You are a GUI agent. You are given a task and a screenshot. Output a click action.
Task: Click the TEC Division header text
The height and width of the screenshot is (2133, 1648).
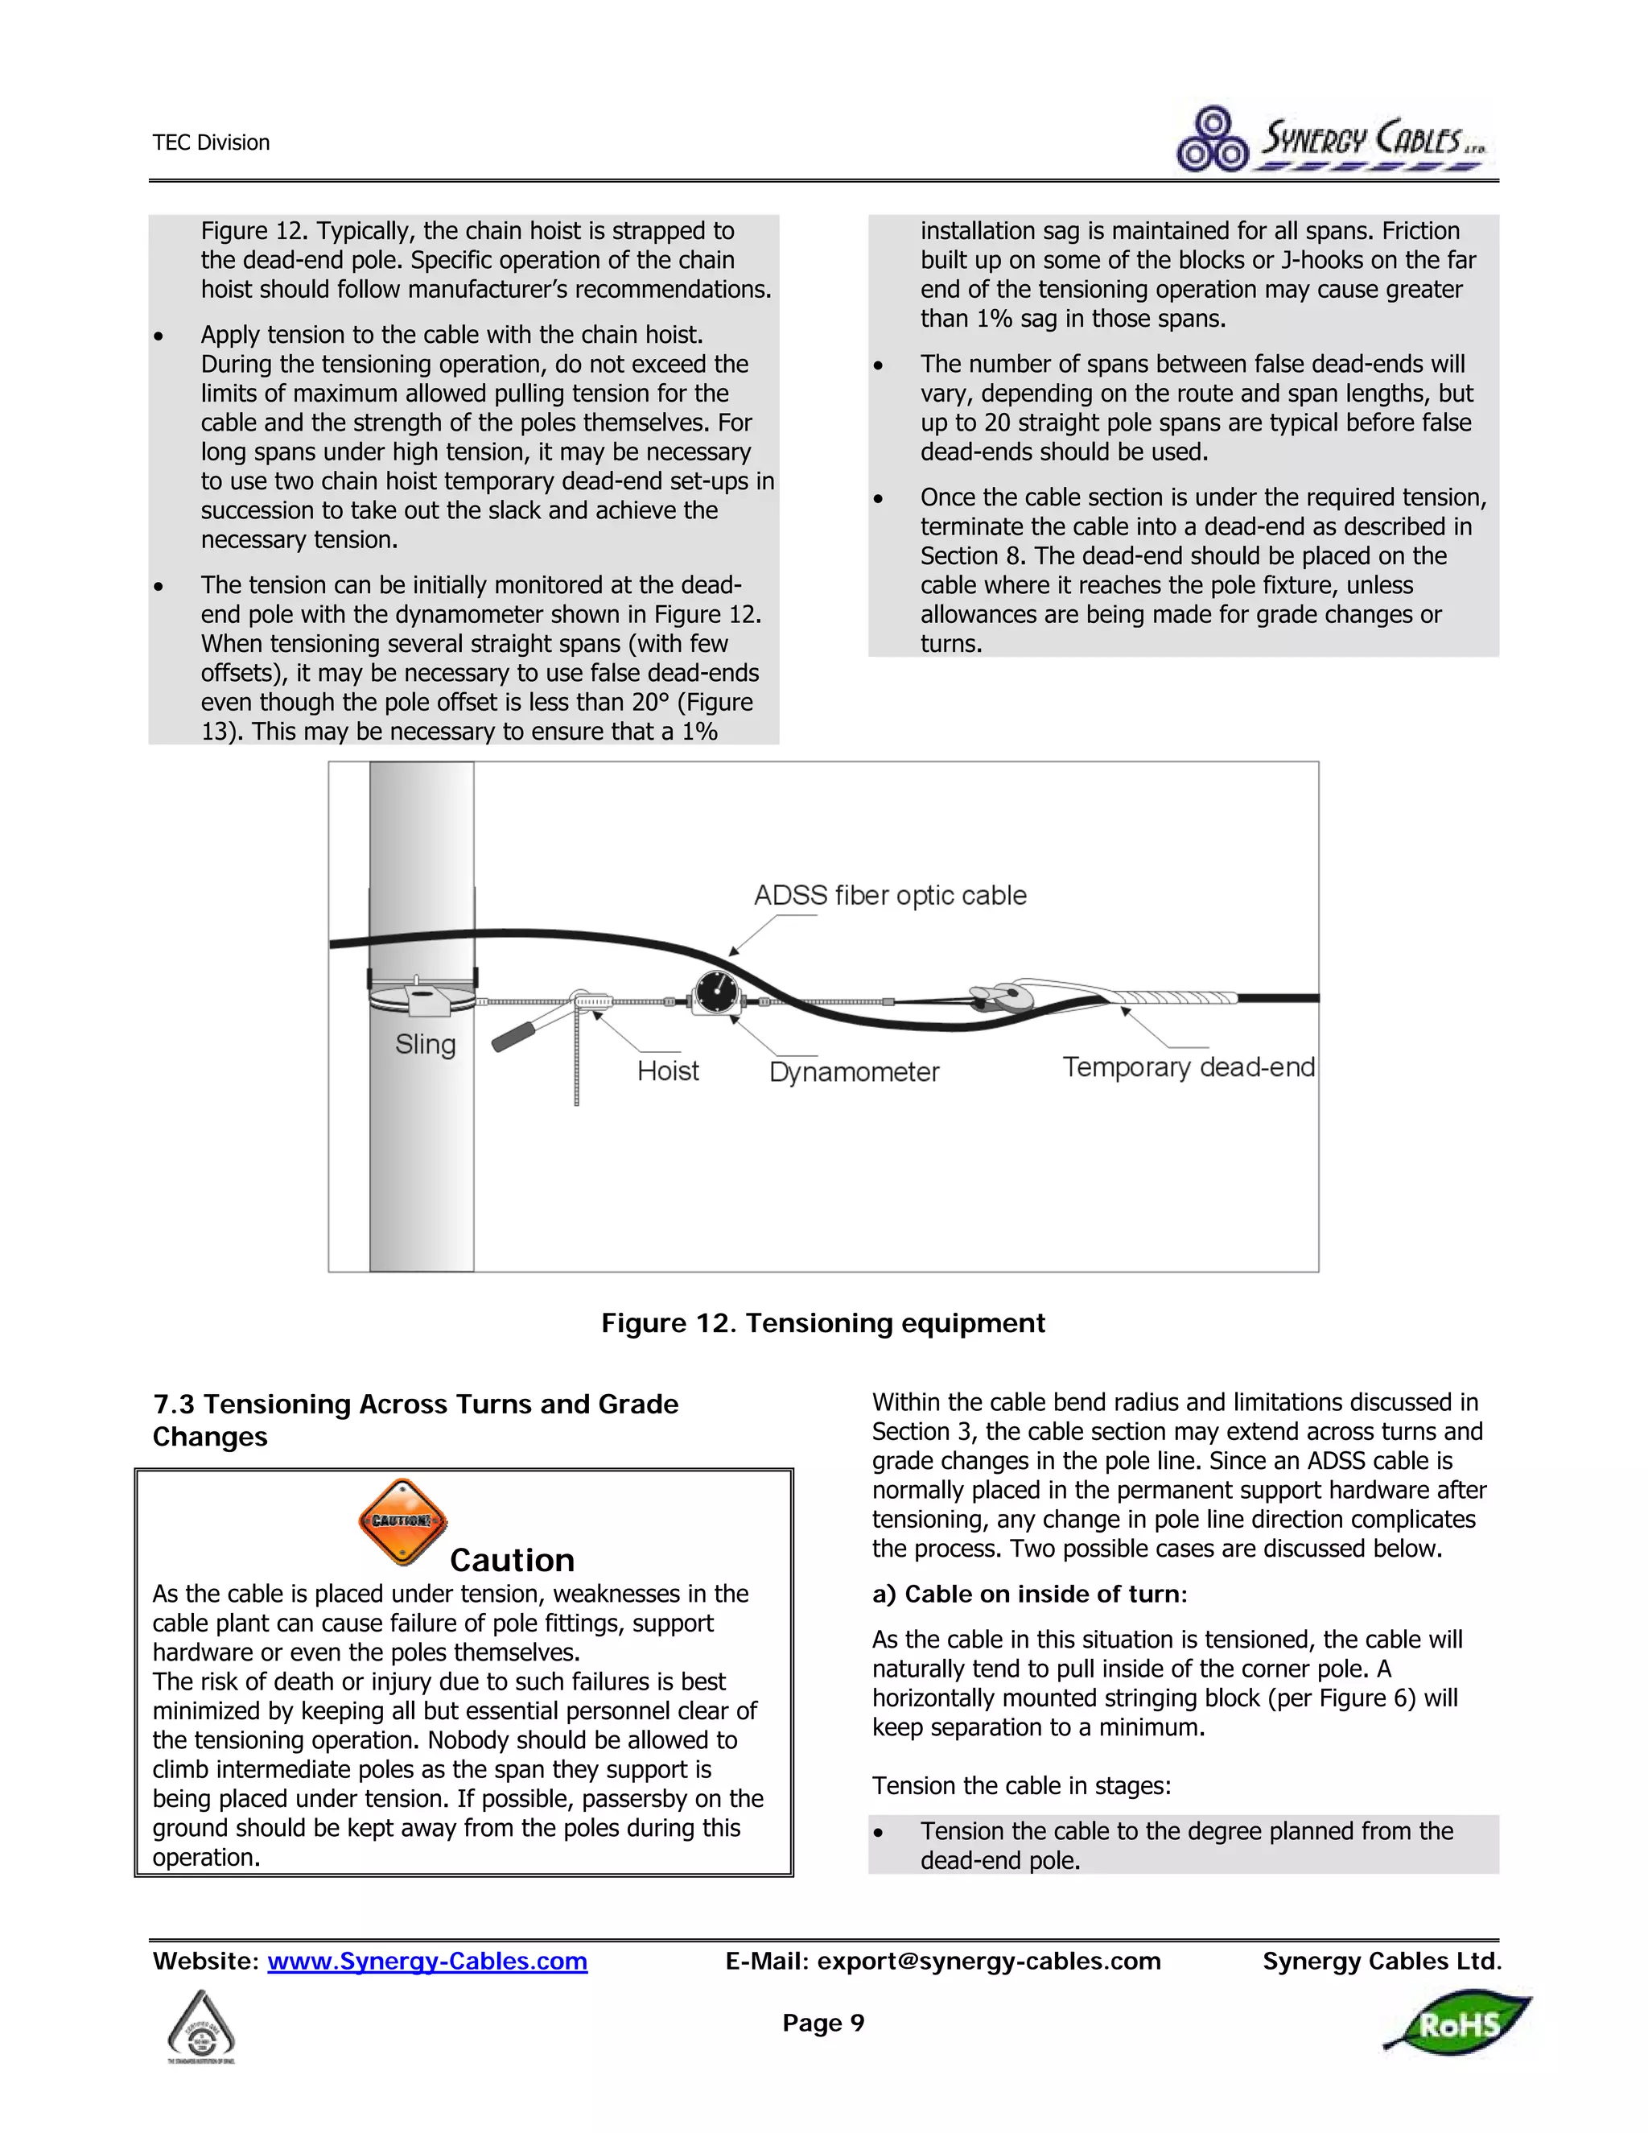[x=211, y=142]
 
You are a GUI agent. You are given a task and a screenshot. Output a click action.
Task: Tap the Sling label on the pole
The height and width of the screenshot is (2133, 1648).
[x=425, y=1044]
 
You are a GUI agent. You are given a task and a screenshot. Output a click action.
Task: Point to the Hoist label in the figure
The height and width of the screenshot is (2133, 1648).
[x=668, y=1071]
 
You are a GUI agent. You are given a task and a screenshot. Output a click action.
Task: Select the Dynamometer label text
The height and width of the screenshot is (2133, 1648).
[x=853, y=1071]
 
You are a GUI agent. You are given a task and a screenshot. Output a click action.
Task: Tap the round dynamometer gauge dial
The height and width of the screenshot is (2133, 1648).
[x=715, y=993]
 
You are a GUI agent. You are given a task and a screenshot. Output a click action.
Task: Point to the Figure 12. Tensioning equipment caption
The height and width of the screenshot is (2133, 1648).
[x=823, y=1322]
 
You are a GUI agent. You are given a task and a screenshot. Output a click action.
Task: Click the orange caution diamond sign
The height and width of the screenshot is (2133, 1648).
[x=402, y=1520]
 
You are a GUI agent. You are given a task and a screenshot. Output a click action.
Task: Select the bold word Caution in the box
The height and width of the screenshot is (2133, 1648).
[x=512, y=1560]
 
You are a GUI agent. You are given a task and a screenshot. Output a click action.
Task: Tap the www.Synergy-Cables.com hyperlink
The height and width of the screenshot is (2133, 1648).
[x=426, y=1961]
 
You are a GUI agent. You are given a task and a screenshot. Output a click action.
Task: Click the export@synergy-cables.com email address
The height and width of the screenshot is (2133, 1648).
[x=988, y=1961]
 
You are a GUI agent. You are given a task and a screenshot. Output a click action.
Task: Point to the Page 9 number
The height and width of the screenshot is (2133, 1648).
[x=823, y=2023]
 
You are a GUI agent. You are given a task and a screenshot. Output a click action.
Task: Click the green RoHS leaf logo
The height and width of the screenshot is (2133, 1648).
[x=1457, y=2024]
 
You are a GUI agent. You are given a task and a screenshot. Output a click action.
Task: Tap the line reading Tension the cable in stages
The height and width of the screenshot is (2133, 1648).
[x=1021, y=1785]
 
